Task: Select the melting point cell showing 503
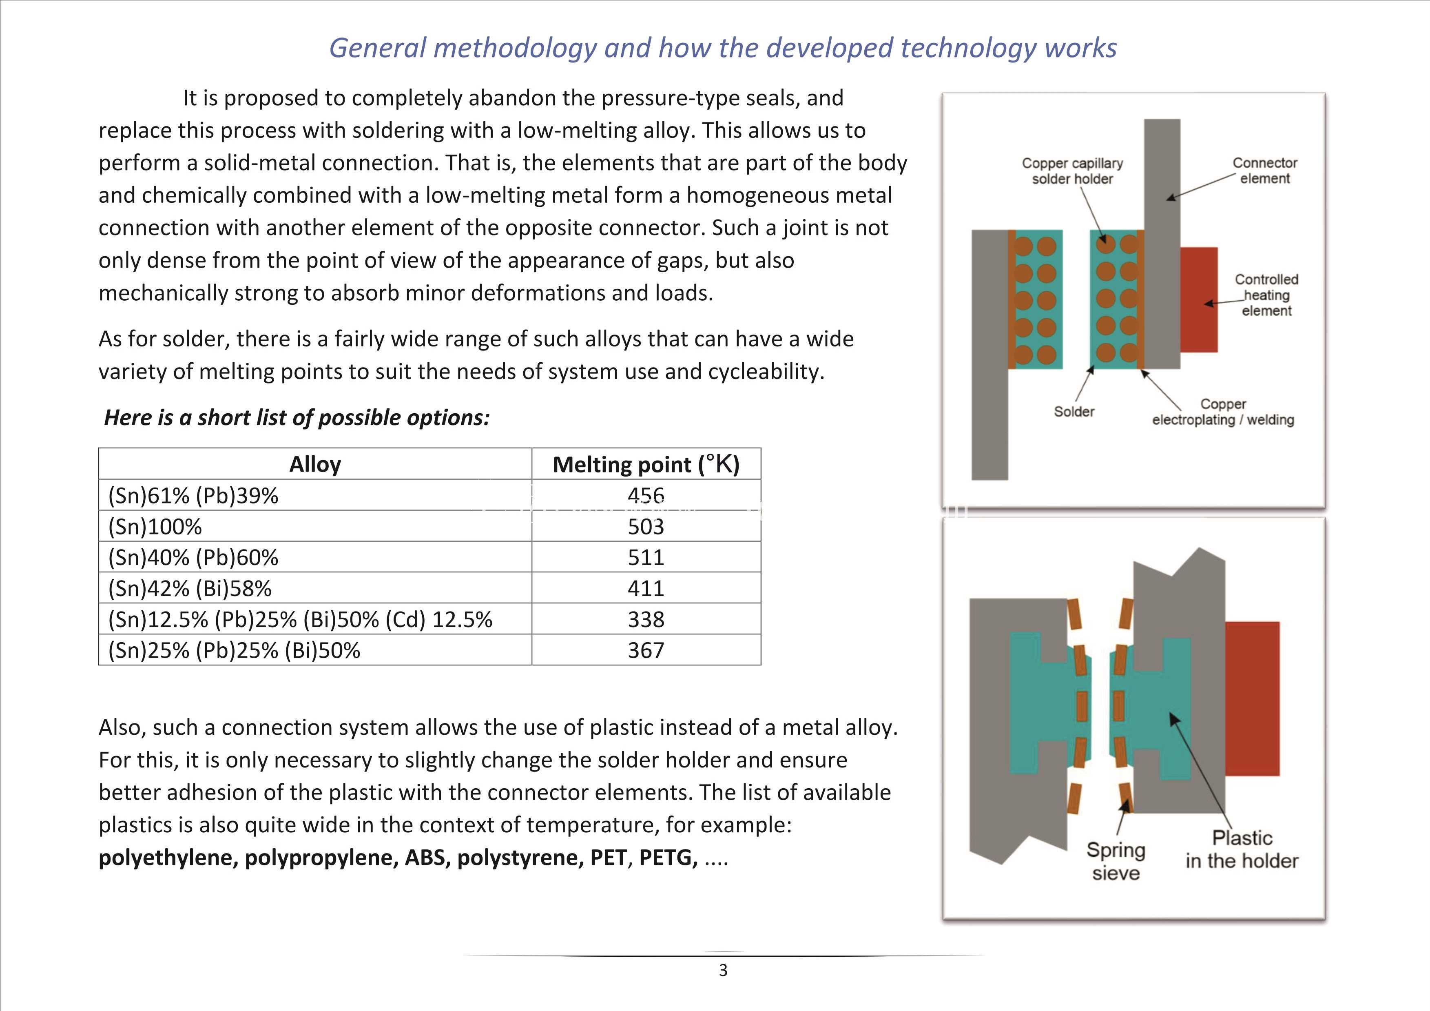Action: tap(646, 526)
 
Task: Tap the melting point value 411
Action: tap(646, 588)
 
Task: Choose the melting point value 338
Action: tap(646, 619)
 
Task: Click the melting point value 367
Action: tap(646, 650)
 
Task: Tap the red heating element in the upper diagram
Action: tap(1198, 299)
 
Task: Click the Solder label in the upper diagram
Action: tap(1074, 412)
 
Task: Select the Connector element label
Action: tap(1264, 171)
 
